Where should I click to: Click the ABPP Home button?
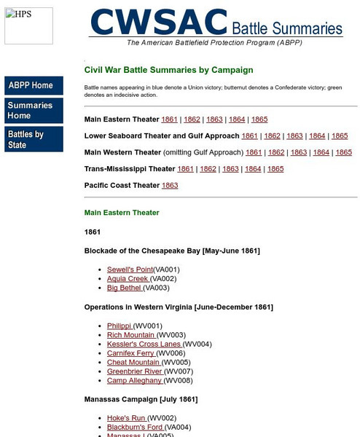point(44,86)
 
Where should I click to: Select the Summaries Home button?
point(44,111)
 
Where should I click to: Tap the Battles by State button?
point(44,139)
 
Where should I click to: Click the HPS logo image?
point(28,25)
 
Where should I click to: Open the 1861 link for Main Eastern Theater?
point(169,119)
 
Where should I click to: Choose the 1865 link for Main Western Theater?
point(343,152)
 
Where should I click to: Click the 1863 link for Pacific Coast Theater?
point(170,185)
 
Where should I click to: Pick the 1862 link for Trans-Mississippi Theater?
point(208,168)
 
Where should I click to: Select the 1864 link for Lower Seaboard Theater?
point(317,135)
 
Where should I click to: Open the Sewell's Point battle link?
point(130,269)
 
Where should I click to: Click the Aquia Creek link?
point(128,278)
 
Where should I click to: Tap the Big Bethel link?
point(124,288)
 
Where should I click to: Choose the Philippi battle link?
point(119,326)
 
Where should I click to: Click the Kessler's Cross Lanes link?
point(144,344)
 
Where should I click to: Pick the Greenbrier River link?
point(134,371)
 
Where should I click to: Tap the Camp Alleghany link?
point(135,380)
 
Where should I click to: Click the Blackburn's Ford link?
point(135,427)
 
